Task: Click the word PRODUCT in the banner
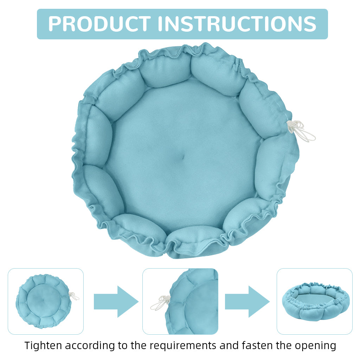click(99, 24)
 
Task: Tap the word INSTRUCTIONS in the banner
click(237, 24)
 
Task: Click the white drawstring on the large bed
click(301, 130)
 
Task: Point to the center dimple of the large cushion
click(182, 157)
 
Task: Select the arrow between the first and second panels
click(116, 301)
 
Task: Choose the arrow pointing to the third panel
click(247, 301)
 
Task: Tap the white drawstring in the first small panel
click(74, 296)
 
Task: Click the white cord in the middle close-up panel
click(160, 302)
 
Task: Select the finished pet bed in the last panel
click(315, 301)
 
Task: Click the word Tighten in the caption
click(43, 346)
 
